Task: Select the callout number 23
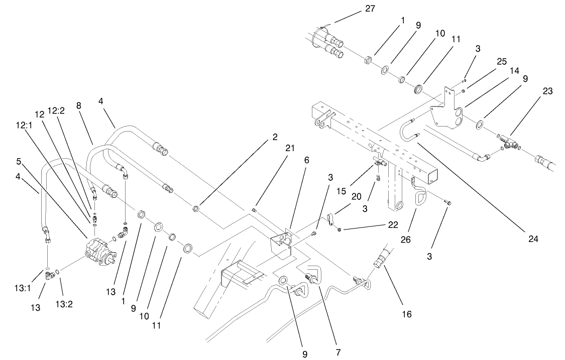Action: [x=547, y=91]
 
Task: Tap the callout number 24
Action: [x=533, y=239]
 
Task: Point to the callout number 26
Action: [x=405, y=239]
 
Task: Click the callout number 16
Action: [x=406, y=314]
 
